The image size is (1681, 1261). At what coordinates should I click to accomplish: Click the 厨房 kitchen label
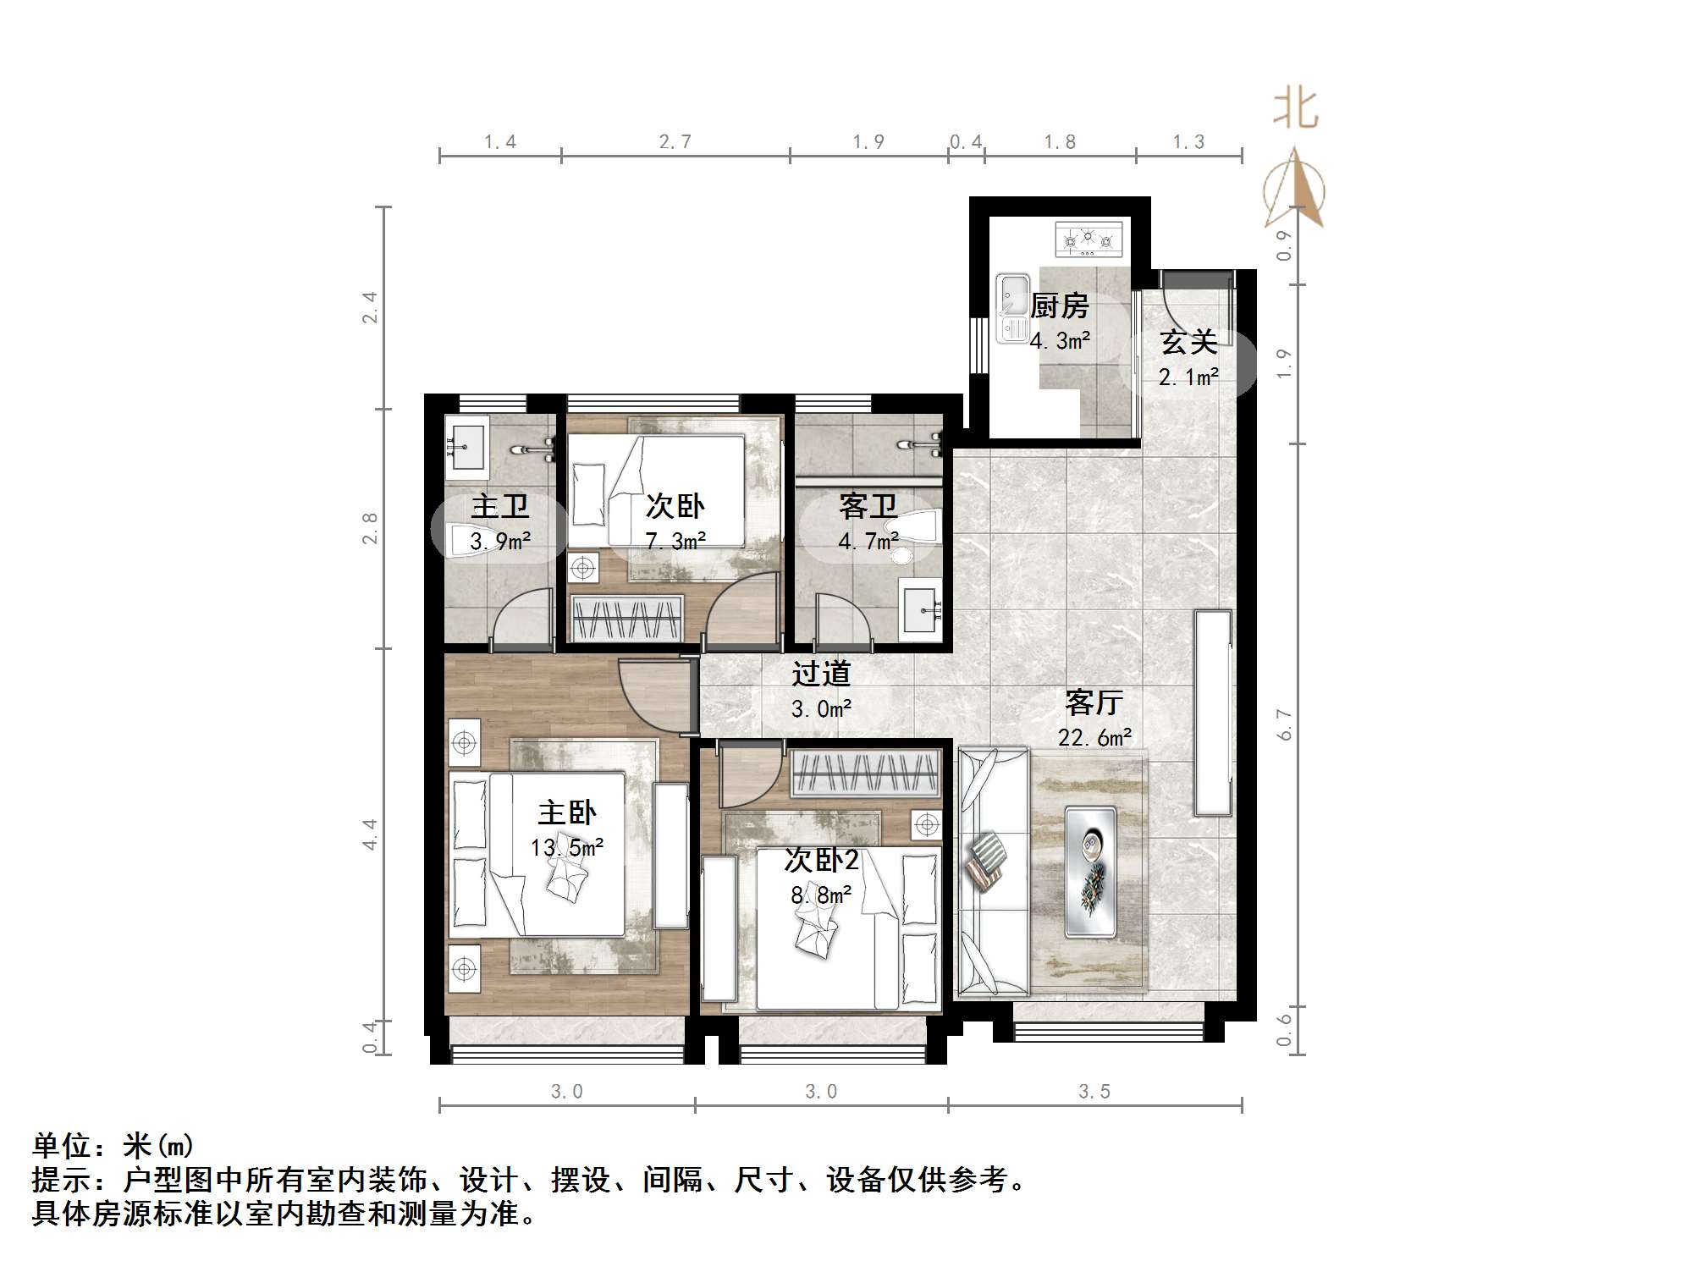[1060, 306]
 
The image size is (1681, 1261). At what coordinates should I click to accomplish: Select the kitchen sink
[1012, 308]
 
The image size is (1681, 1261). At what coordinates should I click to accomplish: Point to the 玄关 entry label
[1188, 342]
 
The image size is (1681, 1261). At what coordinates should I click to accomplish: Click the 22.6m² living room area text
[1094, 737]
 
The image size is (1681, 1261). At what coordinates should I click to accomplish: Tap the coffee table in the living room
[1091, 872]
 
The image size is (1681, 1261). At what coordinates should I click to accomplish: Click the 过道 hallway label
[820, 674]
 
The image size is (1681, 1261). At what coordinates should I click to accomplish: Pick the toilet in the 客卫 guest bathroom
[918, 529]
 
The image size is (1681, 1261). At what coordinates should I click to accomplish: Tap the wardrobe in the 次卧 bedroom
[626, 619]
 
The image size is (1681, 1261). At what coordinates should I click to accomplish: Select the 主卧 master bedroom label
[566, 813]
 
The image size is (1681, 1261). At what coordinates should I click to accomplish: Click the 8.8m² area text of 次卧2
[820, 895]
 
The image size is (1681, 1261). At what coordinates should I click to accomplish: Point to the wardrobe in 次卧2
[865, 773]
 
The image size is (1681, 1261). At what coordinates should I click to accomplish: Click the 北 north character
[1295, 109]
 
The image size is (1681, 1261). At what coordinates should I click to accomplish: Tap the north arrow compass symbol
[1295, 190]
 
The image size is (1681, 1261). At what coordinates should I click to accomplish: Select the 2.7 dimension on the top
[675, 141]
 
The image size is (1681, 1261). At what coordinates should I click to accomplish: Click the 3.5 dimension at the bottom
[1094, 1092]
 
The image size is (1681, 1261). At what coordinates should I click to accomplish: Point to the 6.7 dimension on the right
[1285, 724]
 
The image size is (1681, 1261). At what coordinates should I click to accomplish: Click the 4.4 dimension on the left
[370, 834]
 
